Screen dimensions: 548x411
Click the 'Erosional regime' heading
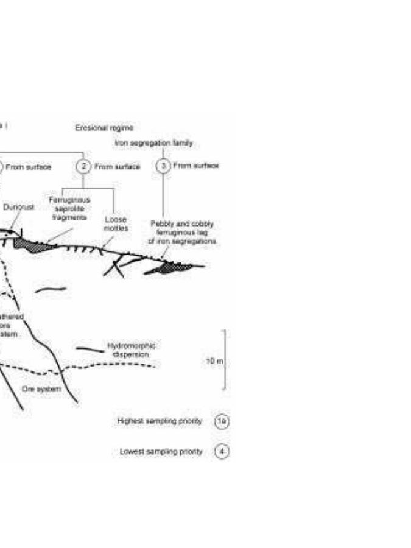coord(104,128)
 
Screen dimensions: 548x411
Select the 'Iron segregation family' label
coord(153,142)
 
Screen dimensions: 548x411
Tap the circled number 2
coord(83,166)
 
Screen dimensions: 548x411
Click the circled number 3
coord(163,166)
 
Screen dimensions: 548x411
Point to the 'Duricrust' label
coord(19,207)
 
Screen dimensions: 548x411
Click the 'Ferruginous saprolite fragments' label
coord(69,208)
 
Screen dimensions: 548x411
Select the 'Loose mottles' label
coord(116,223)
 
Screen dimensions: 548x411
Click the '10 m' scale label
coord(215,361)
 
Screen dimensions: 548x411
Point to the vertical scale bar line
coord(225,359)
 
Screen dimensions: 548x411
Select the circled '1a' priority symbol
coord(223,421)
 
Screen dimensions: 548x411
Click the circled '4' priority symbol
coord(223,452)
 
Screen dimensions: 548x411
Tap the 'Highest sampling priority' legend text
coord(159,421)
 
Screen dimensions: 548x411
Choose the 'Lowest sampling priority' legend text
coord(161,452)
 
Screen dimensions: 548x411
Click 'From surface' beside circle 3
coord(195,165)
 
